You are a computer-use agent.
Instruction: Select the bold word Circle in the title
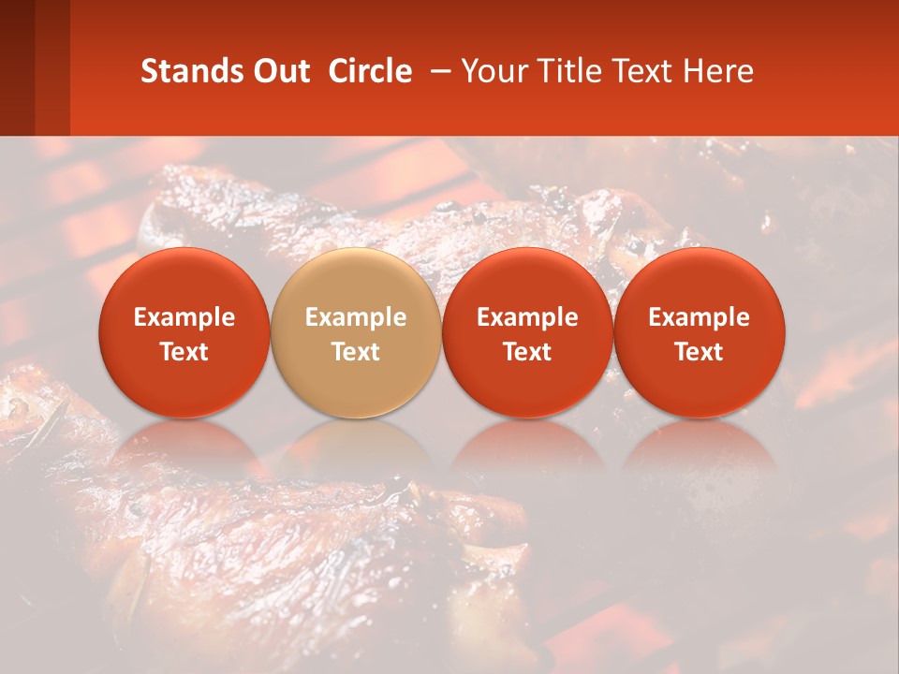(x=370, y=71)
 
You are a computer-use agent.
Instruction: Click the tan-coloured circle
(x=356, y=333)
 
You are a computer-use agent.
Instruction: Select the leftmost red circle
(x=184, y=333)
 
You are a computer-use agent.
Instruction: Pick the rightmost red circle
(x=700, y=333)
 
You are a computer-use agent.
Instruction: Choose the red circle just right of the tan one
(x=527, y=333)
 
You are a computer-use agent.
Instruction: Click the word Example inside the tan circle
(x=356, y=317)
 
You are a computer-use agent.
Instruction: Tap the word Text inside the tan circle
(x=356, y=352)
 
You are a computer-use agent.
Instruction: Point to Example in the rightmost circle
(x=700, y=317)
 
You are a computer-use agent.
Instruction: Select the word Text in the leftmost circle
(x=184, y=352)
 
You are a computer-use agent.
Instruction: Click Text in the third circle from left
(x=527, y=352)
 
